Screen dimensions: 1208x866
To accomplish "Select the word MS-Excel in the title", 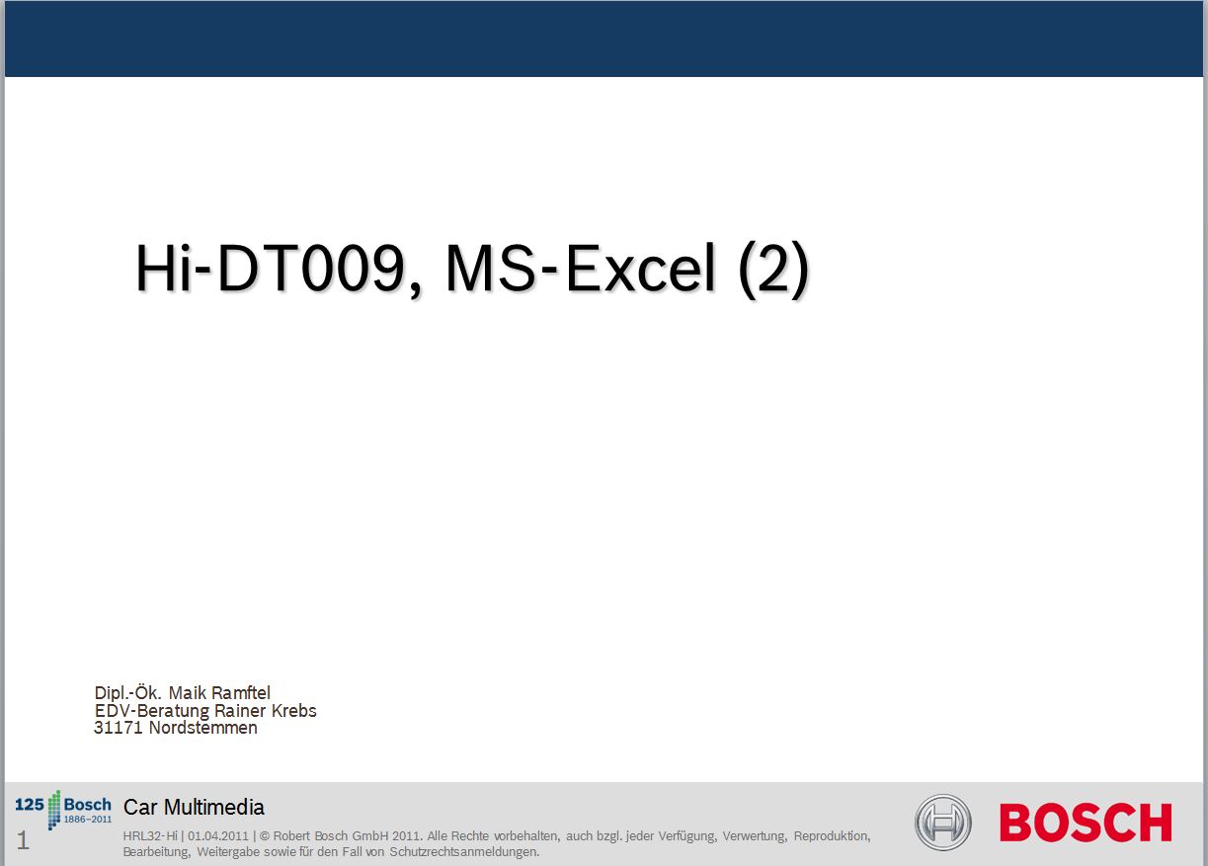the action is coord(581,268).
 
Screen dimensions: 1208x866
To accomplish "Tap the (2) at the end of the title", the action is coord(773,269).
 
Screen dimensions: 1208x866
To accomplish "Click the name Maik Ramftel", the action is coord(219,693).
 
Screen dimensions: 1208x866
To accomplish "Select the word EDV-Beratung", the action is coord(151,711).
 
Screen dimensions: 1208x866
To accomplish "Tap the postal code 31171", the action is coord(119,728).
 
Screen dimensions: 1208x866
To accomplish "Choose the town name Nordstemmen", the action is coord(202,728).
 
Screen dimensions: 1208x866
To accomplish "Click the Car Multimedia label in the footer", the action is coord(194,807).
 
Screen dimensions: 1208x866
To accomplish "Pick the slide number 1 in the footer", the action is coord(23,840).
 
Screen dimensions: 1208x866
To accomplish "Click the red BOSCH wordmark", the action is coord(1086,823).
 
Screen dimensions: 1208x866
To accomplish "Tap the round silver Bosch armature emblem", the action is coord(942,823).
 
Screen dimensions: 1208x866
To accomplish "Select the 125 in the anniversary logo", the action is coord(29,805).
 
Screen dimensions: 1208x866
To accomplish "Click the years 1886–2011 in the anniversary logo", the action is coord(88,820).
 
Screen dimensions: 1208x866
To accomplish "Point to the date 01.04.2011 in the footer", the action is coord(218,836).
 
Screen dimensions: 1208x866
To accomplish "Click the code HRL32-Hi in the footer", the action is coord(150,836).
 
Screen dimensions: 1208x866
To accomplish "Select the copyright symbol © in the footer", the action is coord(265,836).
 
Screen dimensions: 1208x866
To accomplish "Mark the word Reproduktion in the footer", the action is coord(832,837).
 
